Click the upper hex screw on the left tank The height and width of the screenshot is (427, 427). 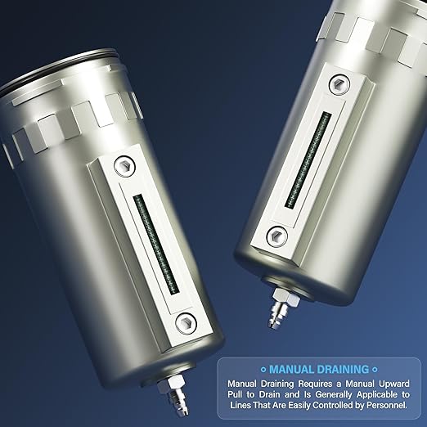click(124, 164)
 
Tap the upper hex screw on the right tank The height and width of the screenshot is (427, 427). click(338, 84)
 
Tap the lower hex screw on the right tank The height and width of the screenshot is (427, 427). click(277, 235)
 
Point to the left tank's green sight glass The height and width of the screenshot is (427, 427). click(155, 242)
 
